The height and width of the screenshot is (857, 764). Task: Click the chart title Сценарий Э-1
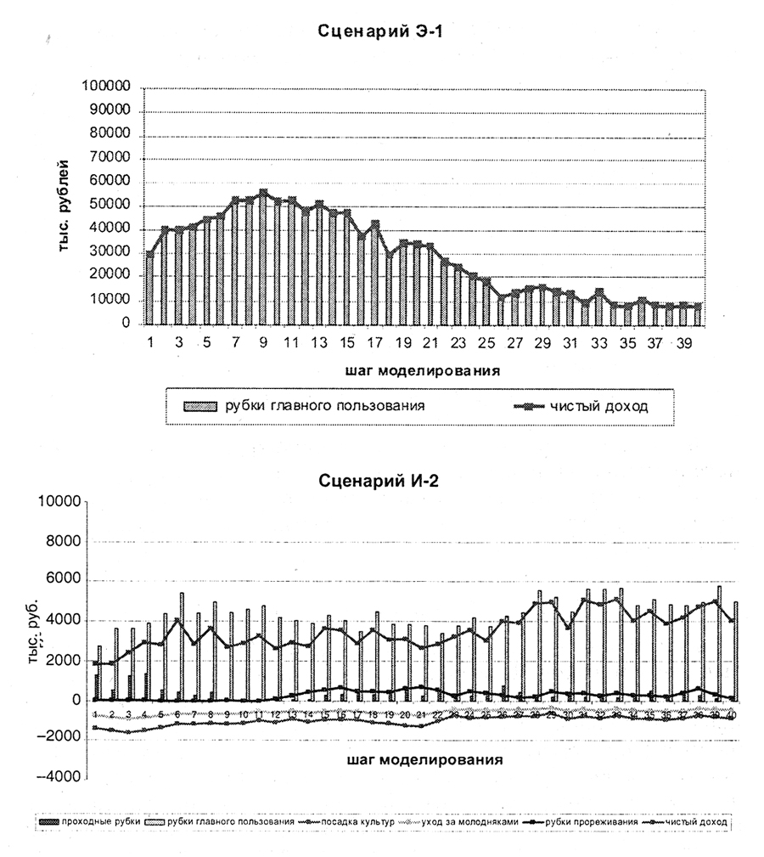pos(383,31)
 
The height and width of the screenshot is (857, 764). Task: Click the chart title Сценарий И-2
pos(383,479)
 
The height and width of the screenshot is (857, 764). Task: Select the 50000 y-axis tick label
pos(109,206)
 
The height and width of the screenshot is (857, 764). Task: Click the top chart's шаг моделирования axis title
pos(422,370)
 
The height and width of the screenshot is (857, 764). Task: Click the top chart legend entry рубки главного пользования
pos(323,405)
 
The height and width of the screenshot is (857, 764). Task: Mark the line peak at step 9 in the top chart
pos(263,192)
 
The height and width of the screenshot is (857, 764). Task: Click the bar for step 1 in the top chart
pos(149,289)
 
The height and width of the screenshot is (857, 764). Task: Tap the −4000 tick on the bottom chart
pos(55,777)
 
